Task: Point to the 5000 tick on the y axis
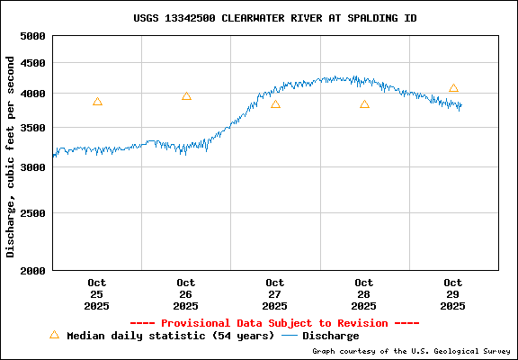(31, 36)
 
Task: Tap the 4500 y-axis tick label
(31, 63)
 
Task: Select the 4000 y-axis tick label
(31, 94)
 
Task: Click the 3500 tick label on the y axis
(31, 128)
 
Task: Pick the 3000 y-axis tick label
(31, 167)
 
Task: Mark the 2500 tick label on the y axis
(31, 213)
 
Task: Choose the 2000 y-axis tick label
(31, 270)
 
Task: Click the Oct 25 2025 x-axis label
(97, 294)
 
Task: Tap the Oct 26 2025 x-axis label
(186, 294)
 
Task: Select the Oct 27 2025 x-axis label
(275, 294)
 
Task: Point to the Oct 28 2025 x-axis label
(364, 294)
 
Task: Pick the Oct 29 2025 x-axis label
(453, 294)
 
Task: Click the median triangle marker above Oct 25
(97, 102)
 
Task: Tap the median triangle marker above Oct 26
(186, 96)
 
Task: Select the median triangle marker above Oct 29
(453, 88)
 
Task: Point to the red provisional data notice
(274, 323)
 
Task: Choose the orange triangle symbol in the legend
(54, 335)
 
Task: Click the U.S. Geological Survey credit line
(410, 351)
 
